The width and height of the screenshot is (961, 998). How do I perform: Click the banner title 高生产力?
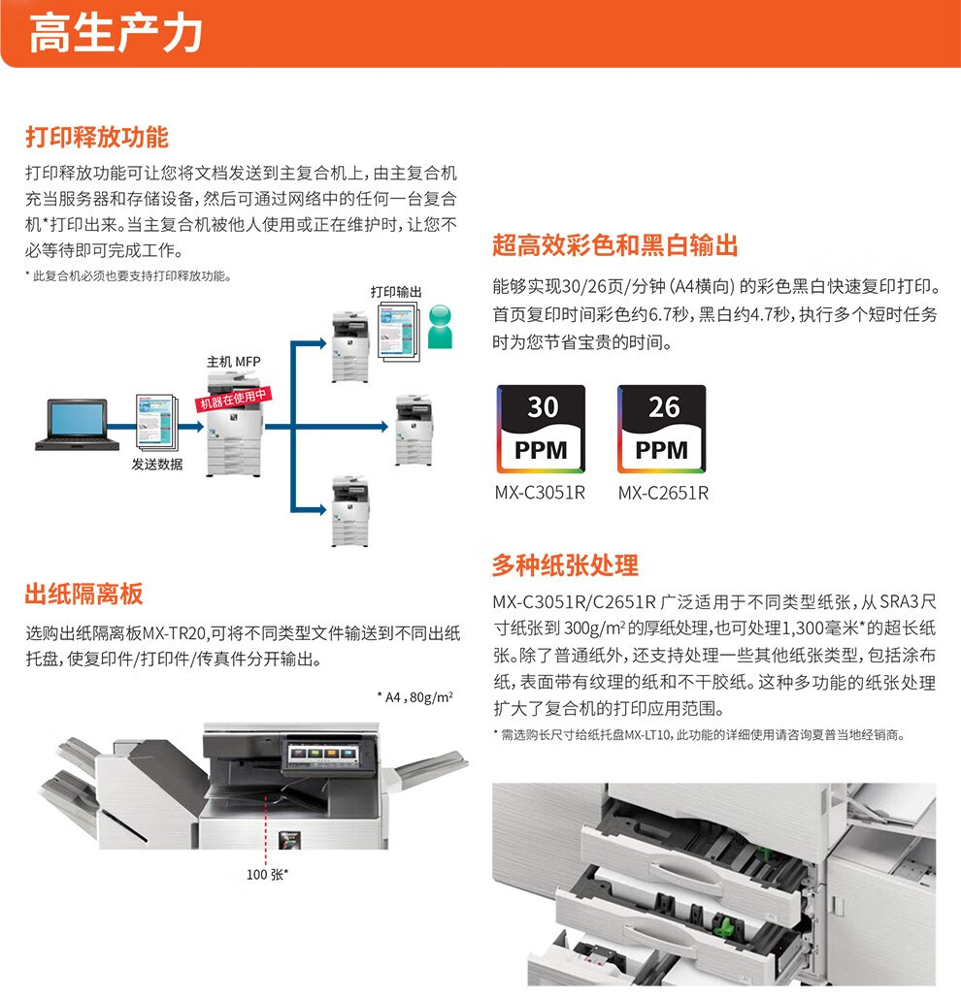(x=116, y=34)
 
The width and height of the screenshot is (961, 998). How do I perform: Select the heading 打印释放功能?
(x=97, y=136)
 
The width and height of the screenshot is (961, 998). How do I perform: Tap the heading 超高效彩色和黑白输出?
(x=615, y=245)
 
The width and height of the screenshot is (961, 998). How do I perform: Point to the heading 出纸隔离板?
(x=84, y=594)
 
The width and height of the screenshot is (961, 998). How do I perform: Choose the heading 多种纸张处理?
(x=565, y=564)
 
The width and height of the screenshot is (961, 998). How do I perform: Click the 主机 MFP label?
(x=233, y=362)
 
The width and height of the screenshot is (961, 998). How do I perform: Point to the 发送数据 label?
(x=157, y=465)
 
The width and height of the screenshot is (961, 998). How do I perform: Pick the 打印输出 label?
(x=395, y=291)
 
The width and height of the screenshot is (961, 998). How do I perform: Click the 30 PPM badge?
(x=541, y=428)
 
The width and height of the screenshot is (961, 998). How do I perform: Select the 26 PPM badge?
(x=663, y=428)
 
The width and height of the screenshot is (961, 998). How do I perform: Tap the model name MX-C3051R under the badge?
(x=540, y=493)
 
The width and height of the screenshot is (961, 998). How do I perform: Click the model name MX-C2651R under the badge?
(x=663, y=493)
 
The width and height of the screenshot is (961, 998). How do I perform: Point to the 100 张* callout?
(x=268, y=875)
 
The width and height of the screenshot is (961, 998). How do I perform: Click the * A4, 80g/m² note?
(x=414, y=697)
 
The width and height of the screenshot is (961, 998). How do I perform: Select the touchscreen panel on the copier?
(x=319, y=754)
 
